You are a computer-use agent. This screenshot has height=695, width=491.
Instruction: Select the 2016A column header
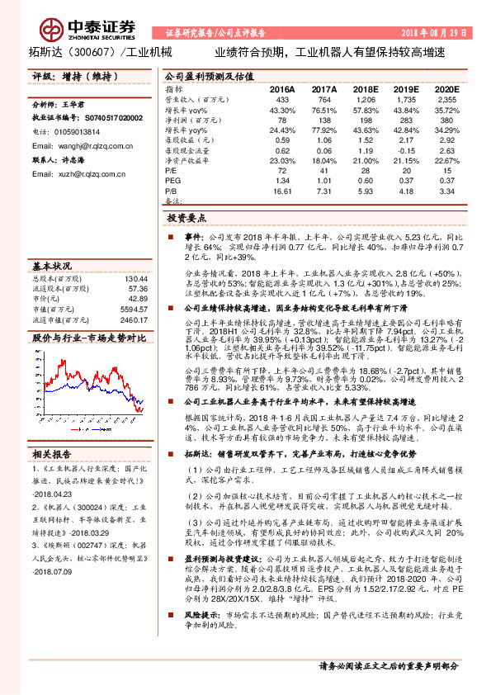tap(282, 88)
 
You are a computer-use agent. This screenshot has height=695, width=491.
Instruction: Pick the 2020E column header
tap(446, 88)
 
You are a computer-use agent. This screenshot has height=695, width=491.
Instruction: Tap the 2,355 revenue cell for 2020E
tap(446, 98)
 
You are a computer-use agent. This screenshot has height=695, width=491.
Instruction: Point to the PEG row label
tap(172, 180)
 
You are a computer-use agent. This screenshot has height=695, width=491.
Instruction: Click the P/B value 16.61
tap(284, 190)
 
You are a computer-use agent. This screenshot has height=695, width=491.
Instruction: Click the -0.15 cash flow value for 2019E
tap(406, 150)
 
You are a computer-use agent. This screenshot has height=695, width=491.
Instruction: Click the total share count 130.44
tap(136, 278)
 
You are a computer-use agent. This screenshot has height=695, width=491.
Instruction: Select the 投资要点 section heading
tap(186, 220)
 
